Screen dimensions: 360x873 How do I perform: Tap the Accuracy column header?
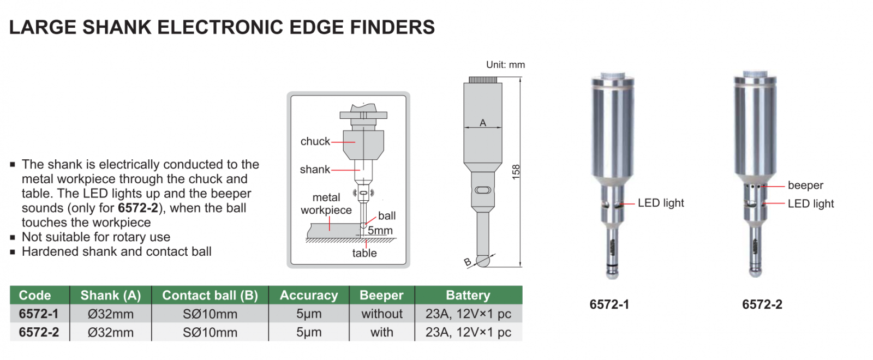click(x=309, y=295)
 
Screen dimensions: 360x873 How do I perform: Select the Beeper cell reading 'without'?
click(x=382, y=314)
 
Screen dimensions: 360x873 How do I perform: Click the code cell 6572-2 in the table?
click(x=39, y=332)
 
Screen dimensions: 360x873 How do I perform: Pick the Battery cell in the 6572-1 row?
click(x=468, y=314)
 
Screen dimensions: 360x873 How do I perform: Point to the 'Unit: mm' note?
click(x=505, y=64)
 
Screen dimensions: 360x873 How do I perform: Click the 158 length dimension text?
click(x=516, y=172)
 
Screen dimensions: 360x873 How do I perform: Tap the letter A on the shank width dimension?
click(x=483, y=123)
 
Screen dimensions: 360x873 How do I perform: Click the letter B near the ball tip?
click(x=468, y=262)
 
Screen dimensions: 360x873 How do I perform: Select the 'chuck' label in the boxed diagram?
click(x=315, y=141)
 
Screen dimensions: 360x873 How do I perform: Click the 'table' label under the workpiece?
click(x=364, y=253)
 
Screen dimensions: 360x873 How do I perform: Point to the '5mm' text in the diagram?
click(x=380, y=230)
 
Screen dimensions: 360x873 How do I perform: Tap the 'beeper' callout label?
click(x=805, y=185)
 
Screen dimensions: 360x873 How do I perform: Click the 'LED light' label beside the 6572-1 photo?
click(x=661, y=203)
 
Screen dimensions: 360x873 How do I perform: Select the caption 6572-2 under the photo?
click(x=762, y=304)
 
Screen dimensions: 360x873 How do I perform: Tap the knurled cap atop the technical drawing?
click(x=483, y=80)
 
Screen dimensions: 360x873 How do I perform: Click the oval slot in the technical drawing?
click(x=483, y=190)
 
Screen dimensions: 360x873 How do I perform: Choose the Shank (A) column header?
click(x=111, y=295)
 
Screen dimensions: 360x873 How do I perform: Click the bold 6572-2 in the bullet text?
click(x=138, y=208)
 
